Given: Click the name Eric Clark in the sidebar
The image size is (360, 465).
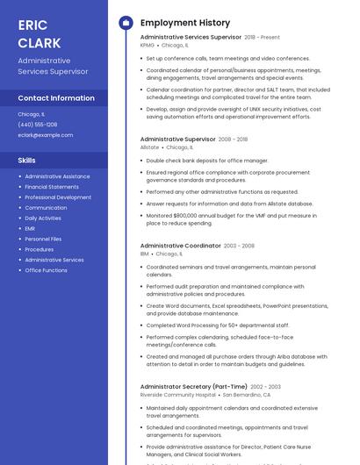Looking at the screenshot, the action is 40,33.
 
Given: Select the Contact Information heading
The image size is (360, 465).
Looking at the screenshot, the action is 56,98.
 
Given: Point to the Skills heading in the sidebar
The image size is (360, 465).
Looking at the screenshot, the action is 27,161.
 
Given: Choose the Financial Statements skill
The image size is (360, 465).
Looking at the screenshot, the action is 52,187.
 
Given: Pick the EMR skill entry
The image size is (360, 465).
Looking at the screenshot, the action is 31,228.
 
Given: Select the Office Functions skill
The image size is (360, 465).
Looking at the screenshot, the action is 46,270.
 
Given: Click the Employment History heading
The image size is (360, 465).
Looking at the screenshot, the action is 185,23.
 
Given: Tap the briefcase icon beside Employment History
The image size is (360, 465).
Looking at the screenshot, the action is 126,23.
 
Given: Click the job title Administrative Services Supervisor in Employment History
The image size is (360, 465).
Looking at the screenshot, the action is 191,37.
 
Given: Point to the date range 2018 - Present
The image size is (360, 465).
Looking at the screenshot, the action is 263,38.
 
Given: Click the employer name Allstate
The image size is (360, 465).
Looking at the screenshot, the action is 149,147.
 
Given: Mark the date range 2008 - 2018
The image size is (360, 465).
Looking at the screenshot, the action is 234,139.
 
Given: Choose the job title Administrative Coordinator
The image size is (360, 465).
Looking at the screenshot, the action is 180,246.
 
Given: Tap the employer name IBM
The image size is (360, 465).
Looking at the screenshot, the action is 145,254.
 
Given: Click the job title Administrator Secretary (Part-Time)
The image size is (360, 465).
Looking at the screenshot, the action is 193,386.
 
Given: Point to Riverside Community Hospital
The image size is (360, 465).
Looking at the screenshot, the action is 177,395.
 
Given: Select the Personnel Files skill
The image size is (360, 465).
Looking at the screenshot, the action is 43,239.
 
